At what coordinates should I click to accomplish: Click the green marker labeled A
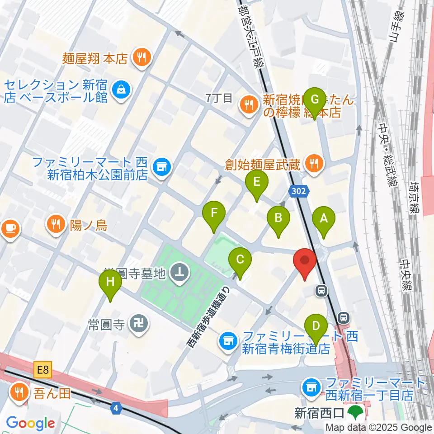click(324, 219)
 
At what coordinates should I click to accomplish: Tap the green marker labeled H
click(111, 283)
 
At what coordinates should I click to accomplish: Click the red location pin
click(304, 262)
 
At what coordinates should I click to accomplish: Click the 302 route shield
click(299, 191)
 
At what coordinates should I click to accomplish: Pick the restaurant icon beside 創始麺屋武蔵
click(313, 164)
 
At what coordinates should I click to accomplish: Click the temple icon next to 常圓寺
click(137, 323)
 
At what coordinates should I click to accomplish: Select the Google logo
click(31, 423)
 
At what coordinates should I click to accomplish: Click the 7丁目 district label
click(219, 97)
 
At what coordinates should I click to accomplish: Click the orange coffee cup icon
click(10, 228)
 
